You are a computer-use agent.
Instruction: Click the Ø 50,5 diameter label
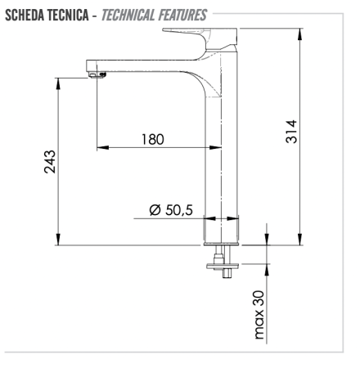pos(171,210)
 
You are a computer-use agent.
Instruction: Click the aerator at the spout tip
pos(97,75)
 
